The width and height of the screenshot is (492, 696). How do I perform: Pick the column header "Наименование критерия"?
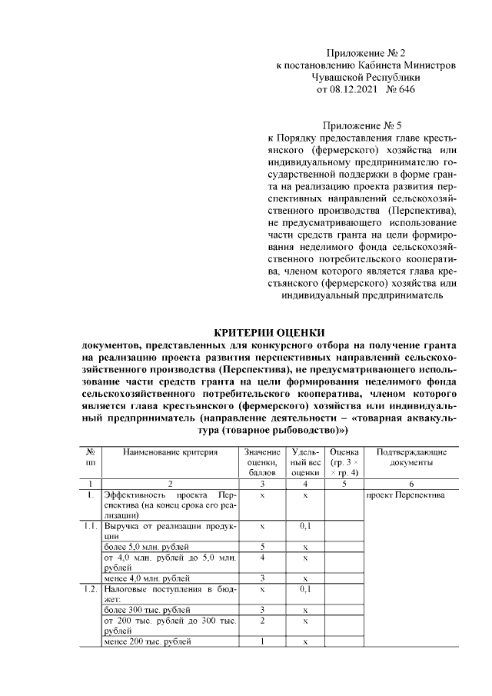pos(170,453)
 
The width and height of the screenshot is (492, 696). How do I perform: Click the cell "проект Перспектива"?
pos(406,496)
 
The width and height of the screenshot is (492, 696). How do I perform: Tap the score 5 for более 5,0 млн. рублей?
pos(263,547)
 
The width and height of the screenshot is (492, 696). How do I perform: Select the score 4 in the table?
pos(263,557)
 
